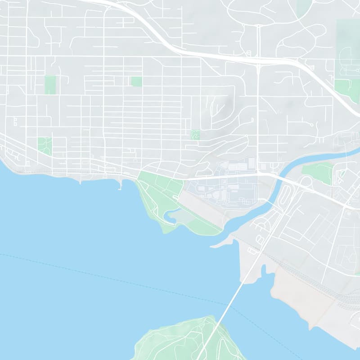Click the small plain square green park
(136, 81)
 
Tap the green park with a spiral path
(195, 135)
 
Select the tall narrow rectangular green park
(50, 85)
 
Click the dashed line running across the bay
(112, 274)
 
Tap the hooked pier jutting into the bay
(120, 184)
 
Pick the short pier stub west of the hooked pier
(80, 181)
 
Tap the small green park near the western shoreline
(45, 145)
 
